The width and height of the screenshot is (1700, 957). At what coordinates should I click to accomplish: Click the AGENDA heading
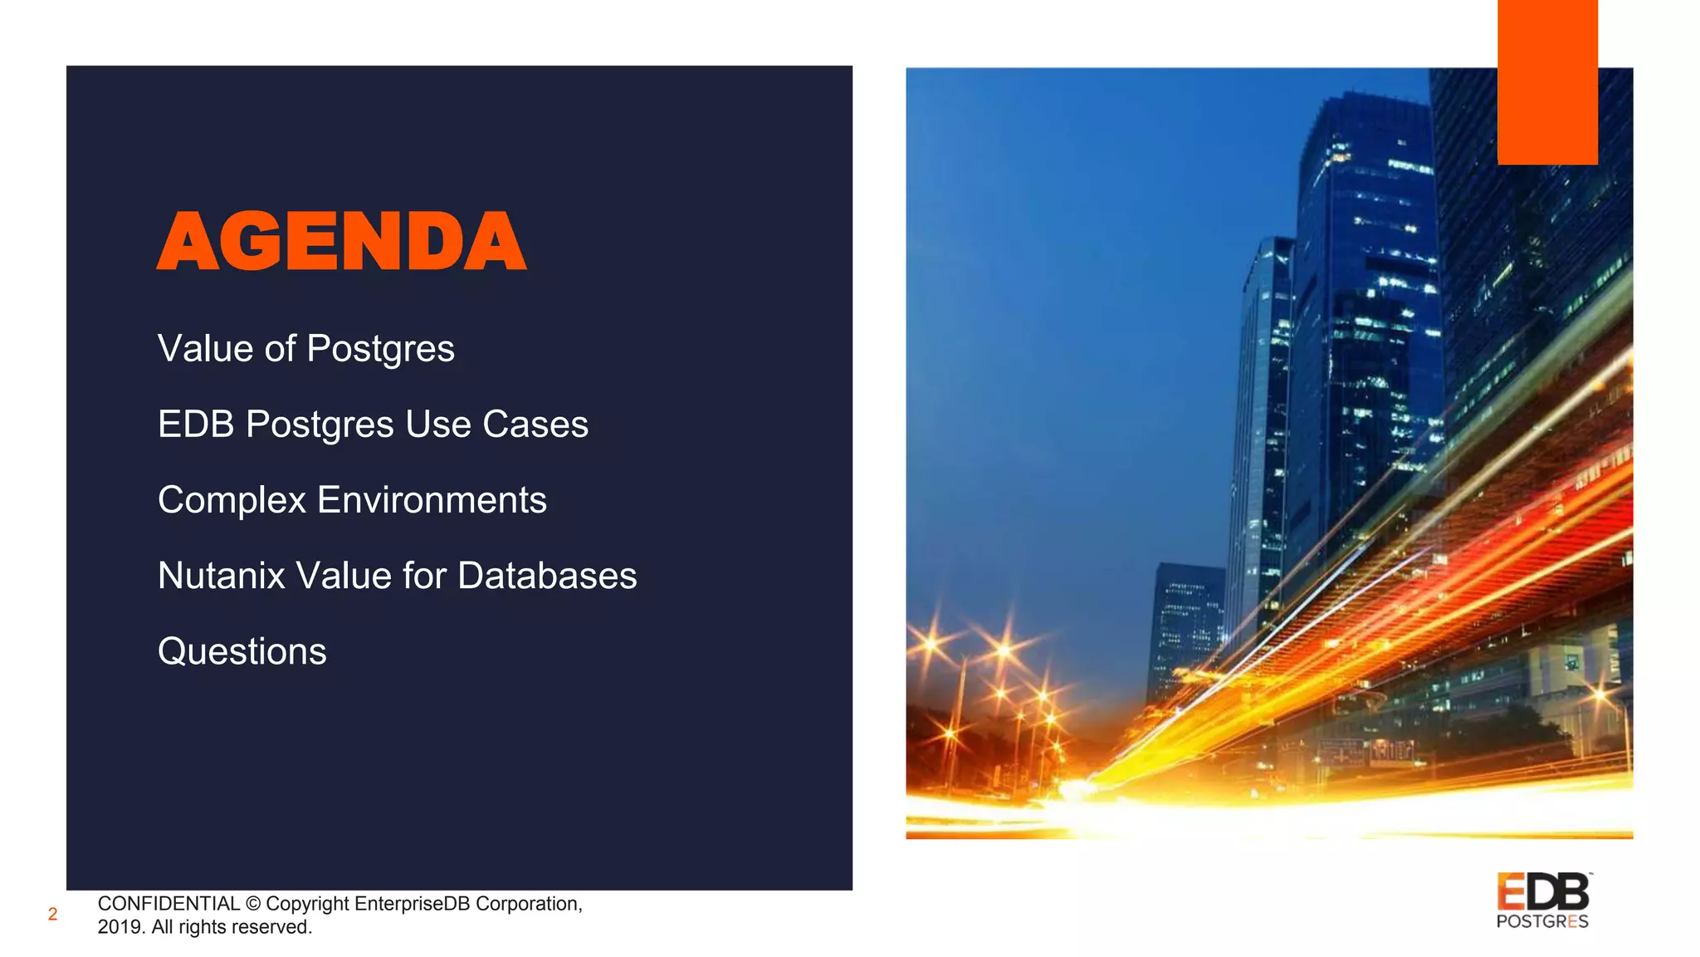(341, 242)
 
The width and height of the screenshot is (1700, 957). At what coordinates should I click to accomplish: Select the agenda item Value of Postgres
(305, 349)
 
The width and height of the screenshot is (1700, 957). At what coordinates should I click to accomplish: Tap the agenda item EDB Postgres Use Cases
(373, 425)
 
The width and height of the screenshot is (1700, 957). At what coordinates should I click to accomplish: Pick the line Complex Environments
(352, 500)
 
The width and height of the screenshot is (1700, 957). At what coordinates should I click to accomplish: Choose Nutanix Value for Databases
(397, 576)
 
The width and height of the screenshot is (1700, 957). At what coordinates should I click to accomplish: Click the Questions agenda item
(242, 651)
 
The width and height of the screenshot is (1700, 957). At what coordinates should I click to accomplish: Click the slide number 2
(52, 915)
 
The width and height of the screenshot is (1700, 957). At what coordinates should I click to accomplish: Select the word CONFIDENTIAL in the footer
(169, 904)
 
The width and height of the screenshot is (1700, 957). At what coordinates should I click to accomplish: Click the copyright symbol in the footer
(253, 904)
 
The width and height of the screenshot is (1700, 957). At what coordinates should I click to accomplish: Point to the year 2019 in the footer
(120, 927)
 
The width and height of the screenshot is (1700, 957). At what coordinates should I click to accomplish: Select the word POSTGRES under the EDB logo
(1542, 921)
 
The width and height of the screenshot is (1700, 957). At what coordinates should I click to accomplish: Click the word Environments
(432, 500)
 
